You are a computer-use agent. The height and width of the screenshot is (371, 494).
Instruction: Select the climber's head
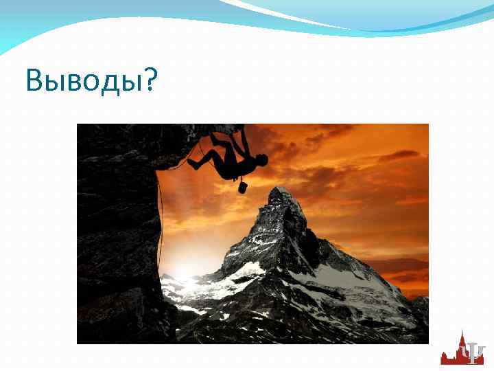point(261,161)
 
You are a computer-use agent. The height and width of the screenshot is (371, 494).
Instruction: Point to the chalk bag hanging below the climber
point(242,186)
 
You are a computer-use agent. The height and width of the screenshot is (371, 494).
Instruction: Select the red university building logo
point(454,350)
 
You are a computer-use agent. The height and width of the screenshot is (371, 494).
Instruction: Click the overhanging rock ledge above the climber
point(172,137)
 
